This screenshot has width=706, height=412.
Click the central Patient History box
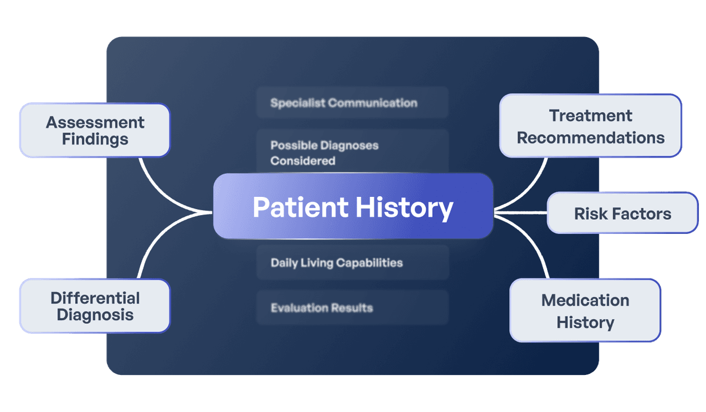pos(353,206)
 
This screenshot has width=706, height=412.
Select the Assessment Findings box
pos(95,130)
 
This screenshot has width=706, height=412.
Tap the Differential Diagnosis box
pos(95,306)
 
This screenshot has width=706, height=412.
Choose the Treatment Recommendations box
pos(590,126)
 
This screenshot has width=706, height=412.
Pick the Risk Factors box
pos(622,213)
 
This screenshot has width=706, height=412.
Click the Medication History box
pos(585,311)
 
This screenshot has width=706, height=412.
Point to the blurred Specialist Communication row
pos(352,103)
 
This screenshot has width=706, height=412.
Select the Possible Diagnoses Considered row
pos(352,152)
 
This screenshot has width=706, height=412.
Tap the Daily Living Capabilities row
pos(352,262)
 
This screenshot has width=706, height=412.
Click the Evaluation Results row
pos(352,307)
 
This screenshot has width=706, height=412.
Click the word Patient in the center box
pos(300,207)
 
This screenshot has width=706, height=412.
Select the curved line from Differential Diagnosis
pos(156,235)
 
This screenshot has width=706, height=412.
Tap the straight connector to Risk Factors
pos(521,212)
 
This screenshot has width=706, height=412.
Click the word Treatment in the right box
pos(591,116)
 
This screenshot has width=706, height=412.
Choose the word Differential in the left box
pos(95,297)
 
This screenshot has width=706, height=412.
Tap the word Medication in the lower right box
pos(585,300)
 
